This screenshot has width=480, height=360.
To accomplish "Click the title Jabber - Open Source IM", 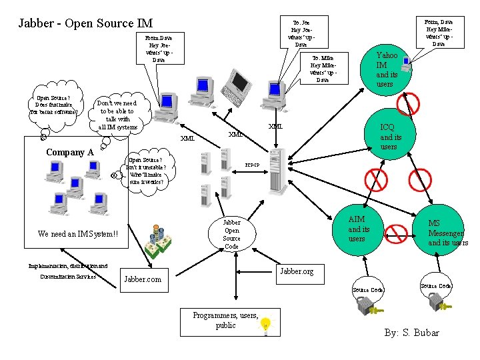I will click(85, 23).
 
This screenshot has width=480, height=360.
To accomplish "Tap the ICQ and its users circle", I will click(389, 136).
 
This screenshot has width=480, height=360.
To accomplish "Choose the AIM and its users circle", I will click(357, 229).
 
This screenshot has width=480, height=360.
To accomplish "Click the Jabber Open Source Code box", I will click(231, 234).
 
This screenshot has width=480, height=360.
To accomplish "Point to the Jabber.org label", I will click(297, 272).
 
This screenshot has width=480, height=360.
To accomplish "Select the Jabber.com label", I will click(143, 279).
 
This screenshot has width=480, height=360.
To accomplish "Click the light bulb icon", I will click(266, 325).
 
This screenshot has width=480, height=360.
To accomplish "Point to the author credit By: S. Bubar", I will click(411, 332).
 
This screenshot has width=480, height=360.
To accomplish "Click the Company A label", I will click(69, 152).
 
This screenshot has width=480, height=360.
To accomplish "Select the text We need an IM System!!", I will click(78, 234).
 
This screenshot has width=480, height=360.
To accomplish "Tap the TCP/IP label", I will click(252, 164).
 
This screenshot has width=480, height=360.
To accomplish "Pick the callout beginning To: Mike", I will click(323, 68).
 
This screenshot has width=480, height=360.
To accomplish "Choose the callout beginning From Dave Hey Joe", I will click(159, 49).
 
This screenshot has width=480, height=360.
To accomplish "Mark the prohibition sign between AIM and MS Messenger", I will click(397, 233).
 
